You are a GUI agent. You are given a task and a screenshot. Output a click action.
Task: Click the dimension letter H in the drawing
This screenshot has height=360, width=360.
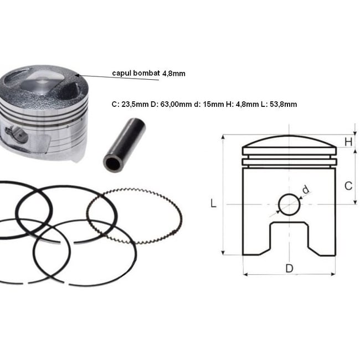(348, 142)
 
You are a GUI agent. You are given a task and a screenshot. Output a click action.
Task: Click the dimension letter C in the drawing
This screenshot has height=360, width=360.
(348, 186)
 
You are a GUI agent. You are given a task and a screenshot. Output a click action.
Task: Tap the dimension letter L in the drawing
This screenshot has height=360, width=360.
(213, 203)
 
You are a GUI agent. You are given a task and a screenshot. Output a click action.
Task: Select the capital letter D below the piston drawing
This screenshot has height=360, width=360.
(289, 269)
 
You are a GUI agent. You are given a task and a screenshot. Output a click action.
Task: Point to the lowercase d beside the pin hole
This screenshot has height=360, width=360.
(305, 191)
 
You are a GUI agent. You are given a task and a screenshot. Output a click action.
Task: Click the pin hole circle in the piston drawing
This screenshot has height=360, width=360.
(289, 204)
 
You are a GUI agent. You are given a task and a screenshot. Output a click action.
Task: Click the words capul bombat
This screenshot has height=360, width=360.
(136, 73)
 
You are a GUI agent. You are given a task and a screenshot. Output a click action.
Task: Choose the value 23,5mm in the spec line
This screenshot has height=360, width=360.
(133, 104)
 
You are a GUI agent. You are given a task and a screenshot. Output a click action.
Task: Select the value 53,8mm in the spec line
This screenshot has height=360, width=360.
(282, 104)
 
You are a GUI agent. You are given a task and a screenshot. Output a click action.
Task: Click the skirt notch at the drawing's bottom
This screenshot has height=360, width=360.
(288, 238)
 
